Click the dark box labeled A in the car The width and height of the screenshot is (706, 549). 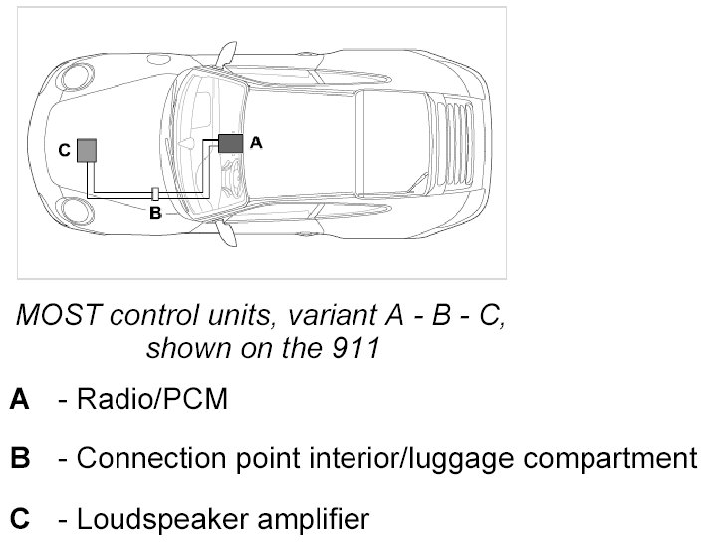(x=231, y=141)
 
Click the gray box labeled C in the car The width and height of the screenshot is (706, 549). (x=88, y=150)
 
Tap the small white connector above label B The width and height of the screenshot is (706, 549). (x=155, y=193)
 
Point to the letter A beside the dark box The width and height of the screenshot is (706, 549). (x=256, y=142)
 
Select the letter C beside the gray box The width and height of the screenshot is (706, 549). (x=63, y=151)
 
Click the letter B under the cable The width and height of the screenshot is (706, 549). (x=155, y=212)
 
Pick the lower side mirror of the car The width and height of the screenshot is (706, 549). (x=227, y=235)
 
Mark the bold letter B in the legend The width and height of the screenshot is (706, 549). (x=20, y=459)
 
